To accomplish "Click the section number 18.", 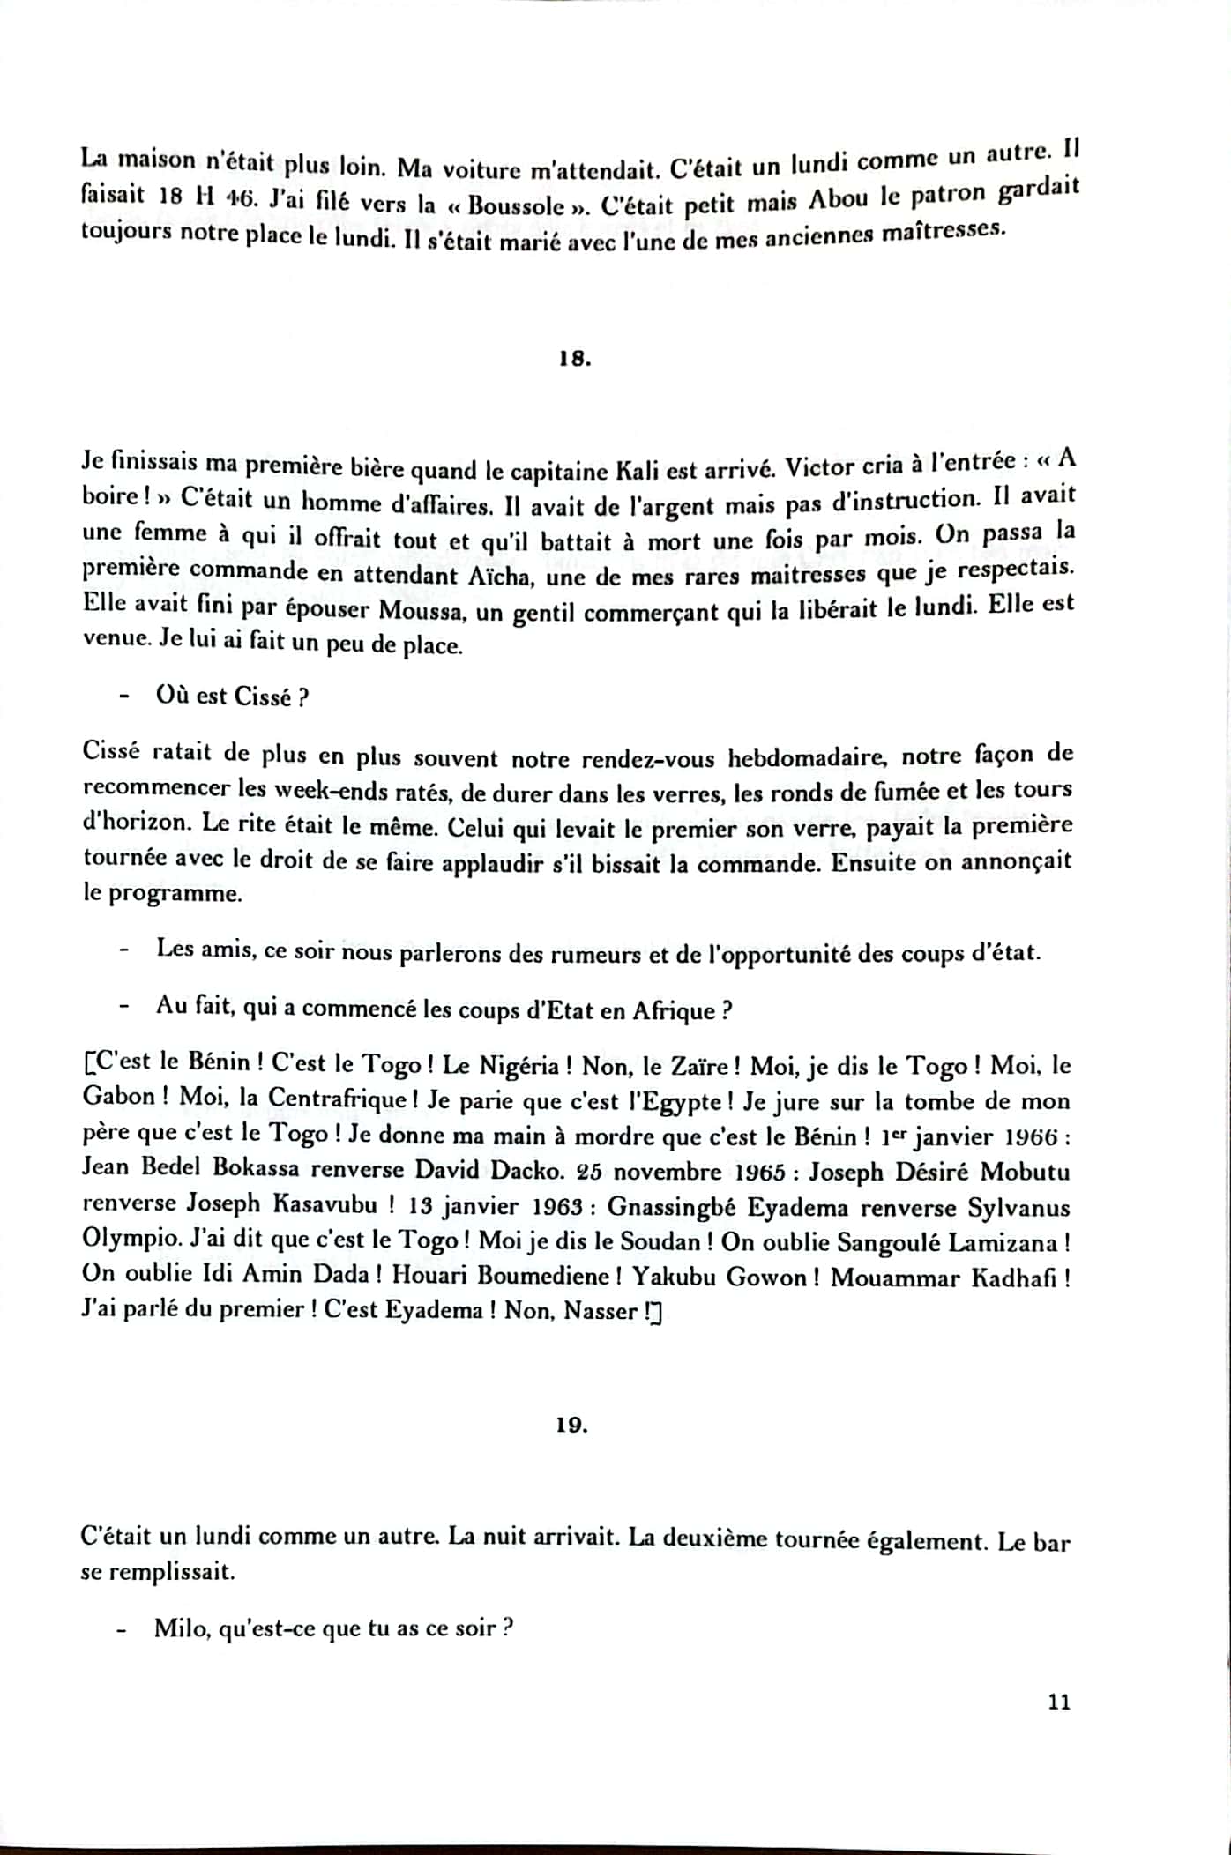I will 574,361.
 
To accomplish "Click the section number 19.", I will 572,1426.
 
